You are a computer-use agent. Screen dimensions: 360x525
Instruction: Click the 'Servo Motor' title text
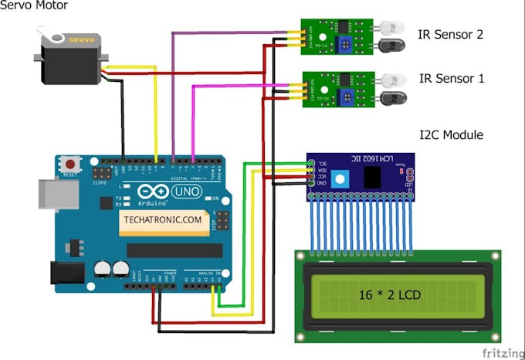coord(34,6)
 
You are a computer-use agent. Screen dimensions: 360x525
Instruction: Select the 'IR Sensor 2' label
coord(451,35)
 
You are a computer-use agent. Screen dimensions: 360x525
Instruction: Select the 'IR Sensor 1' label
coord(451,79)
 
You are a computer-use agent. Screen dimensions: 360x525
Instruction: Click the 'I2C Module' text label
coord(451,135)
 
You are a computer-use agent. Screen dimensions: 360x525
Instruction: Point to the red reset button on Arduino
coord(72,165)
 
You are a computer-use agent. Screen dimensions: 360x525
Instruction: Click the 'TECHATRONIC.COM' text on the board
coord(161,220)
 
